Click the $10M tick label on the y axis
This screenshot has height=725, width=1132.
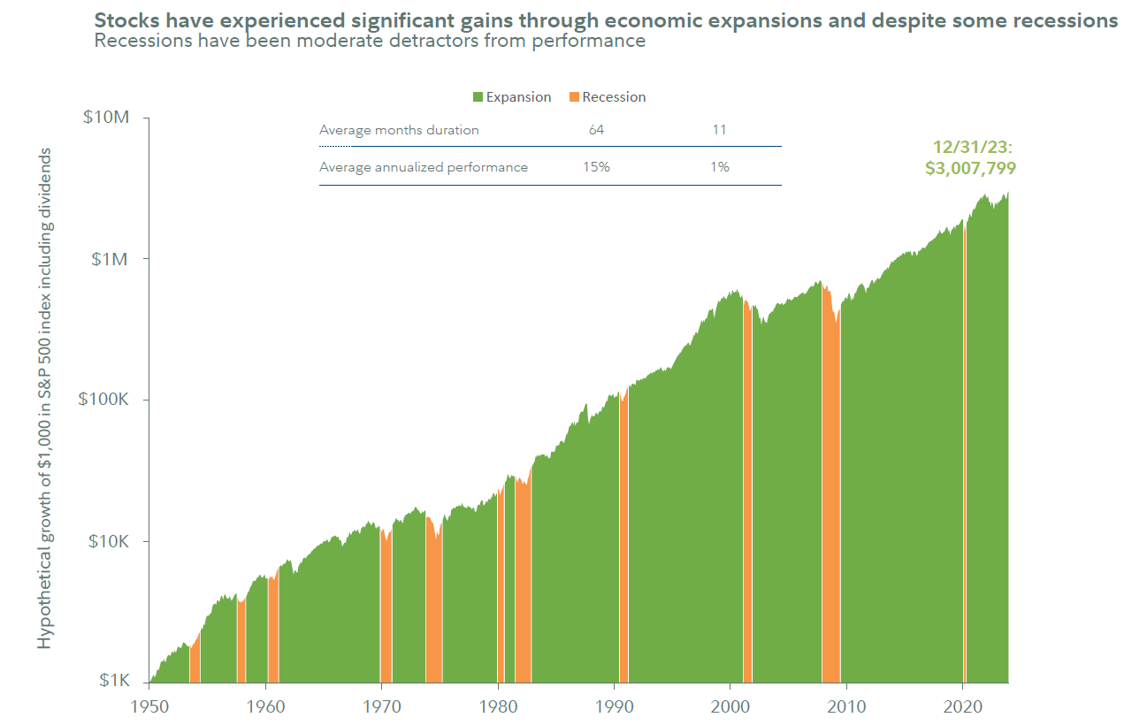pos(108,118)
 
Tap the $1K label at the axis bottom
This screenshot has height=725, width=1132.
pos(115,681)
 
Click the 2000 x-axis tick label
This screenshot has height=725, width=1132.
pos(730,706)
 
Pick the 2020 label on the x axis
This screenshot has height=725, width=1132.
pos(963,706)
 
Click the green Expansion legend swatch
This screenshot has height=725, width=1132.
pos(478,97)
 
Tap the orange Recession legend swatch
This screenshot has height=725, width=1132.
pos(573,97)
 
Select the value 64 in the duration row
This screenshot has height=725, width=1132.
pos(596,130)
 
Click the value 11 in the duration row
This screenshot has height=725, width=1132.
pos(719,130)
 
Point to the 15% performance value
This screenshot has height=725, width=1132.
pos(596,167)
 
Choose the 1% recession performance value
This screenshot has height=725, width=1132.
pos(719,167)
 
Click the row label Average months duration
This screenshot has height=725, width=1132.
pos(399,130)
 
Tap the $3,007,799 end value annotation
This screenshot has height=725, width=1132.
pos(970,168)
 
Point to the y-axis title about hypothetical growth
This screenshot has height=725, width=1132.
pos(45,398)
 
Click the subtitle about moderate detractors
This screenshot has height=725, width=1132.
pos(370,42)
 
